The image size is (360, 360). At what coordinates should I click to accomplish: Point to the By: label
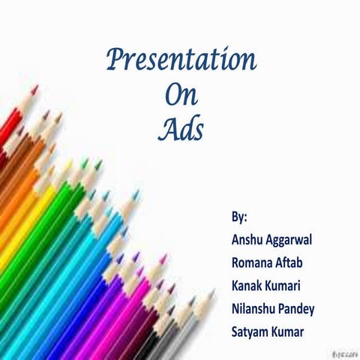(239, 217)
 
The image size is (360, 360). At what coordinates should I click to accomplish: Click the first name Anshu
(248, 240)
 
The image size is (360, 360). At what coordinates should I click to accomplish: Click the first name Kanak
(249, 286)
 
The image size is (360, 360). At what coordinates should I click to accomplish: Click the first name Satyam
(253, 331)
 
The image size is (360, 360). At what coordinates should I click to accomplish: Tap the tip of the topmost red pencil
(34, 88)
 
